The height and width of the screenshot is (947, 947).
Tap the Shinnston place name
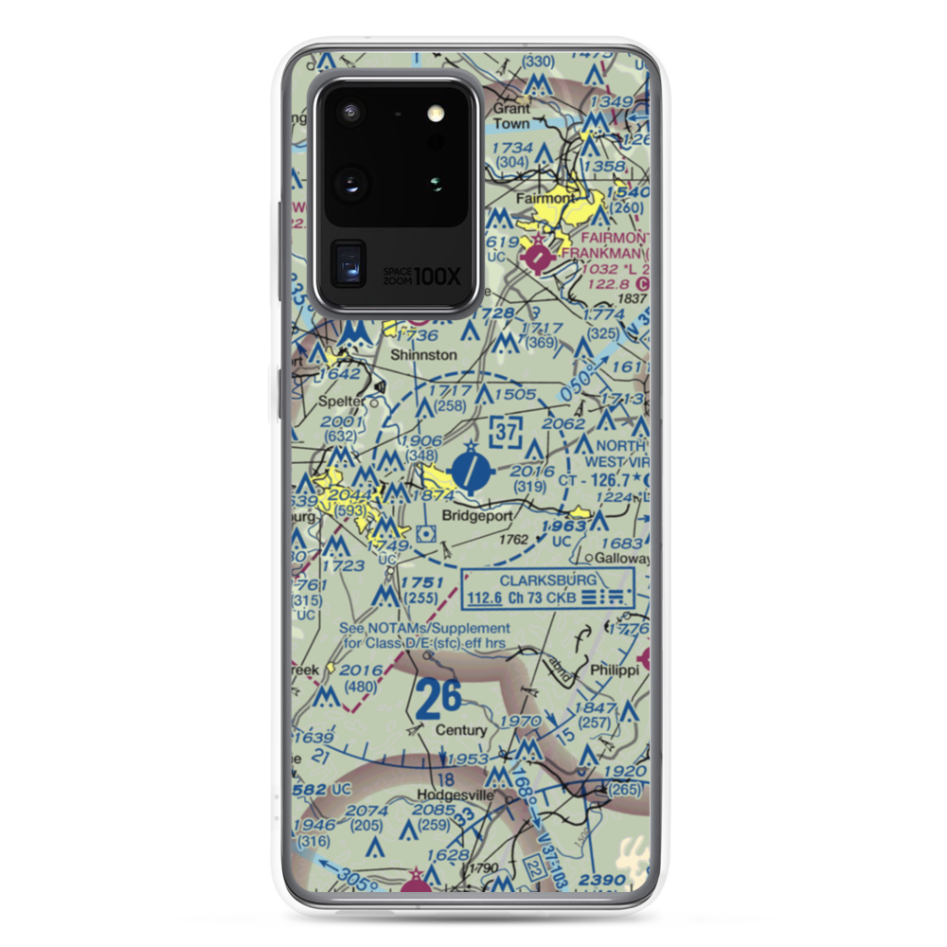point(424,355)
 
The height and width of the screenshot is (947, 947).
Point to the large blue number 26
point(438,699)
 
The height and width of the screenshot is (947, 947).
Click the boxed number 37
point(508,434)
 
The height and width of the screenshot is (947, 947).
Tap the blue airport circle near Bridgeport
point(472,469)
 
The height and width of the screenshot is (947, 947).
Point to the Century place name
point(461,731)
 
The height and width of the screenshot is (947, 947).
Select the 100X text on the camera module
point(438,277)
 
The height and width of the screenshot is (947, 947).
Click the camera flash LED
point(436,113)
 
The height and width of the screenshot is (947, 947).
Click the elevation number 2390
point(603,880)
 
